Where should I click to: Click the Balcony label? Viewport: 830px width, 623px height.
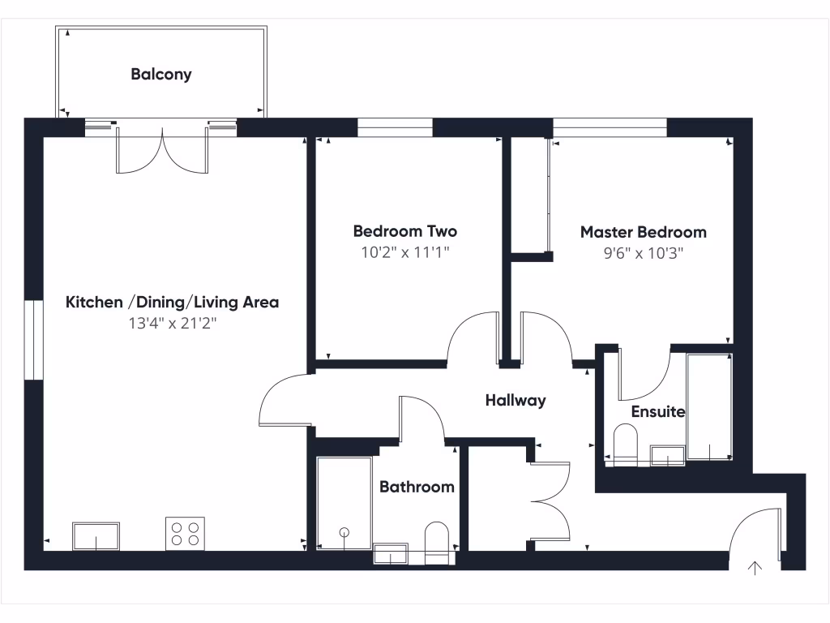(x=161, y=75)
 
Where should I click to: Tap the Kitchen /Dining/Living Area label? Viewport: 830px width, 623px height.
(x=172, y=303)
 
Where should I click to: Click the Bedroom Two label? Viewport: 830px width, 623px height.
(x=405, y=231)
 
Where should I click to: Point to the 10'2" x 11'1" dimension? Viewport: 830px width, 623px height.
(x=405, y=252)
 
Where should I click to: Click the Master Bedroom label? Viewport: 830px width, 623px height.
(x=643, y=232)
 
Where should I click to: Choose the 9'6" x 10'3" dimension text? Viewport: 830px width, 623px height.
(x=644, y=253)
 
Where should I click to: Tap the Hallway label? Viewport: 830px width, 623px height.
(x=516, y=400)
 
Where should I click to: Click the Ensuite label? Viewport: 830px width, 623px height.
(x=658, y=411)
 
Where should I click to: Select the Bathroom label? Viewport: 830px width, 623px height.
(x=417, y=487)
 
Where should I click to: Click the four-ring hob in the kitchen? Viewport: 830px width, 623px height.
(x=184, y=533)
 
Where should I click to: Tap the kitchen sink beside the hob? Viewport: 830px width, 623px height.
(x=96, y=536)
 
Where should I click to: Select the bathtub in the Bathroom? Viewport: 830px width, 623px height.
(x=344, y=504)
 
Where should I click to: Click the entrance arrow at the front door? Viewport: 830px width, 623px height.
(x=755, y=568)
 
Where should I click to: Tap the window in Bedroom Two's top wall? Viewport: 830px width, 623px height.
(x=395, y=127)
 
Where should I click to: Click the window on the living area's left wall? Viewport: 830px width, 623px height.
(x=32, y=340)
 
